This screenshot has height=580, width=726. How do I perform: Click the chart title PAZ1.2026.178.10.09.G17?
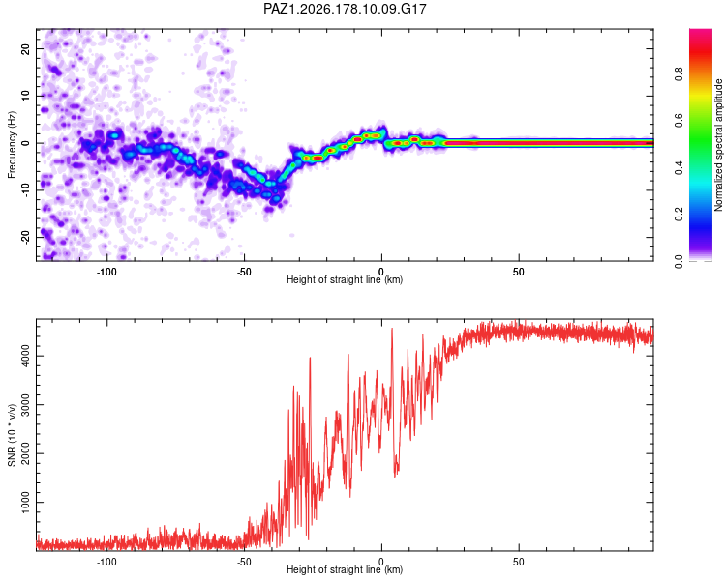[345, 9]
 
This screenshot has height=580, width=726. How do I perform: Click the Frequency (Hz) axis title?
[12, 145]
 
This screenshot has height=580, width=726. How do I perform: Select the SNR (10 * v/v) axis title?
[12, 435]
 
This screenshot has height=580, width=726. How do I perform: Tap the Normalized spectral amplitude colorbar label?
[718, 145]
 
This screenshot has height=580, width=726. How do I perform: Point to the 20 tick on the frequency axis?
[26, 48]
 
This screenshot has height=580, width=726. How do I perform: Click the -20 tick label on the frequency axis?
[26, 237]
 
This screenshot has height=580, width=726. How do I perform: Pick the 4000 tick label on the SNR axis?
[26, 356]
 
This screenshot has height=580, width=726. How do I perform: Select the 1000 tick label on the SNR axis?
[26, 503]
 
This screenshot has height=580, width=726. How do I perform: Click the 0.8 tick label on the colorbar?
[679, 74]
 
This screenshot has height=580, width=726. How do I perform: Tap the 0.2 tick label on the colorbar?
[679, 215]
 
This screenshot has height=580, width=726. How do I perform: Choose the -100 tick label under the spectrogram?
[106, 272]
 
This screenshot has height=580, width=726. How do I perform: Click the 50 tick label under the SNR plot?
[519, 562]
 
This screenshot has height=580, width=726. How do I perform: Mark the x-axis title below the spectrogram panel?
[345, 279]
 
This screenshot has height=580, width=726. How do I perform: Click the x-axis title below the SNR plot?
[345, 569]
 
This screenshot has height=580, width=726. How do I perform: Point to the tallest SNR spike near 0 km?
[392, 330]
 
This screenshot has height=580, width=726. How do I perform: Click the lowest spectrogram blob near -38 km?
[269, 209]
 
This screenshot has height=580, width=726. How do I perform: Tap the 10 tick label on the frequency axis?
[26, 96]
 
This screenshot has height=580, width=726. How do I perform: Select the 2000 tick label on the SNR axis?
[26, 453]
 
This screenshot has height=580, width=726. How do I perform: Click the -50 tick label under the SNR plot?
[244, 562]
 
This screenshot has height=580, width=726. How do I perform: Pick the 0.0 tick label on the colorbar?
[679, 261]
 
